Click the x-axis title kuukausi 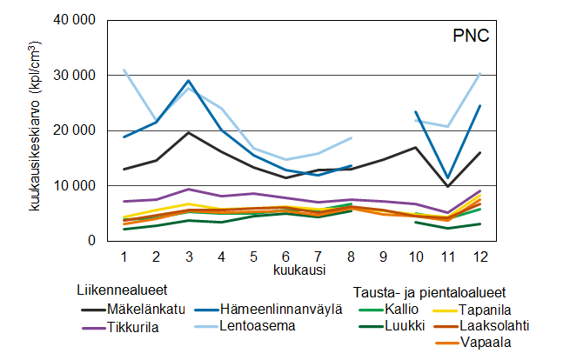(285, 270)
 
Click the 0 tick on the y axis (88, 240)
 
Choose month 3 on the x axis (188, 257)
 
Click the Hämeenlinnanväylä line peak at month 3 (188, 81)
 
